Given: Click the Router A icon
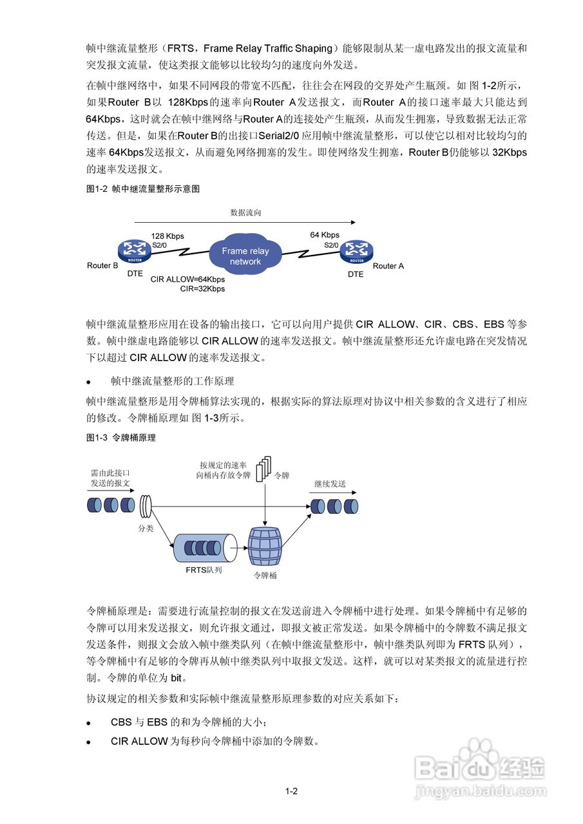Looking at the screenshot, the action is pos(356,252).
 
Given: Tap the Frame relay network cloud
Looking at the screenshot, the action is pos(245,256).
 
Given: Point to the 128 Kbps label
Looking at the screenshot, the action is pos(167,236).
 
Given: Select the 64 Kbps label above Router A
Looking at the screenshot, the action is pos(325,235).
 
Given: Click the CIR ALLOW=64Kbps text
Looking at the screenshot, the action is pos(187,279).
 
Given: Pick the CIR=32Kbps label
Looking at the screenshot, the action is pos(202,289).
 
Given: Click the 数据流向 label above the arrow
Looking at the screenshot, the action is pos(245,212).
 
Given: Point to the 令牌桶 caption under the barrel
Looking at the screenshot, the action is pos(265,576).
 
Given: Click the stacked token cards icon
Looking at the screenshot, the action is pos(264,469).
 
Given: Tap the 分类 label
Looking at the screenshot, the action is pos(146,529).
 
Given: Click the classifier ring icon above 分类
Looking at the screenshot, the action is pos(146,505).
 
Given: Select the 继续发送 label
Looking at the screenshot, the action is pos(330,483).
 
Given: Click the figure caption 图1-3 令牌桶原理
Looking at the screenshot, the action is pos(121,438).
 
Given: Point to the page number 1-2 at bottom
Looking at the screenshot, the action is pos(291,791).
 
